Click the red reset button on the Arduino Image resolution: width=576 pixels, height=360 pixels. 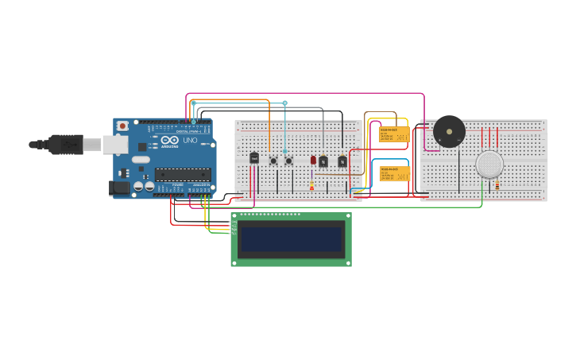122,126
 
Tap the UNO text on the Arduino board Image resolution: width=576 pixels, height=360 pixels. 190,141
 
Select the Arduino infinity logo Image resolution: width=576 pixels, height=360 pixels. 170,140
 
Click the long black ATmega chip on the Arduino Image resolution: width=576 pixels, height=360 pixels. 182,174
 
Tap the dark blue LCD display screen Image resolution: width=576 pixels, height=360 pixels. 291,239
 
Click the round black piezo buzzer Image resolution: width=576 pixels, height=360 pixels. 449,132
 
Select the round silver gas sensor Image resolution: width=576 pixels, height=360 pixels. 489,165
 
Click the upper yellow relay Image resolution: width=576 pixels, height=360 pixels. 393,134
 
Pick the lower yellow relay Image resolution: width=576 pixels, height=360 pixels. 394,173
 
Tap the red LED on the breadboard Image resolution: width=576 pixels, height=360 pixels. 313,160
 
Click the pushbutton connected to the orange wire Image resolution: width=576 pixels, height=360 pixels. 273,161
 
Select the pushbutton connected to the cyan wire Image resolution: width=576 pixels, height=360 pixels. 288,161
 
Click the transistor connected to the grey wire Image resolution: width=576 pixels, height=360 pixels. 323,161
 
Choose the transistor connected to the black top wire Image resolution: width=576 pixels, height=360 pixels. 342,161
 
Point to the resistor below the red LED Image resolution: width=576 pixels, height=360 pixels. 311,185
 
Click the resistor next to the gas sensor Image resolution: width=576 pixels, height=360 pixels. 497,184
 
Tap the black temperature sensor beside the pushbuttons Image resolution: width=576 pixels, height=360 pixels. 253,158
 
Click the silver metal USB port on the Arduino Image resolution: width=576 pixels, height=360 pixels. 115,144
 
